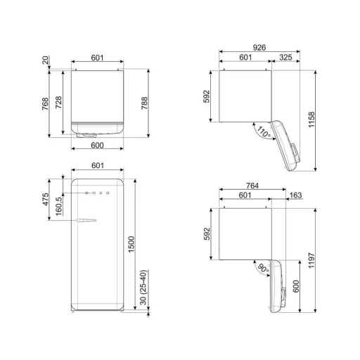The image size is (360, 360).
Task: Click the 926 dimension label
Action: pyautogui.click(x=259, y=48)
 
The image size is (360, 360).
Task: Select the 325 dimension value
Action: pyautogui.click(x=285, y=57)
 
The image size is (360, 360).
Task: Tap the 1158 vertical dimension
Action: pyautogui.click(x=311, y=120)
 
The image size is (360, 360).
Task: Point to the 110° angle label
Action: pyautogui.click(x=264, y=132)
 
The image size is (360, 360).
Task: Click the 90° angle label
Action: pyautogui.click(x=263, y=268)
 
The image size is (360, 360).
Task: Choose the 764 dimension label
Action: pyautogui.click(x=252, y=186)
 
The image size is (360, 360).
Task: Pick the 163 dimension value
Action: pyautogui.click(x=295, y=195)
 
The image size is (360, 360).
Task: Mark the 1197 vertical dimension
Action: pyautogui.click(x=311, y=260)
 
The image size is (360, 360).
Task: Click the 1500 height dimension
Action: pyautogui.click(x=131, y=244)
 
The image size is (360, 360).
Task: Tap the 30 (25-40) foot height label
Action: pyautogui.click(x=143, y=288)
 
